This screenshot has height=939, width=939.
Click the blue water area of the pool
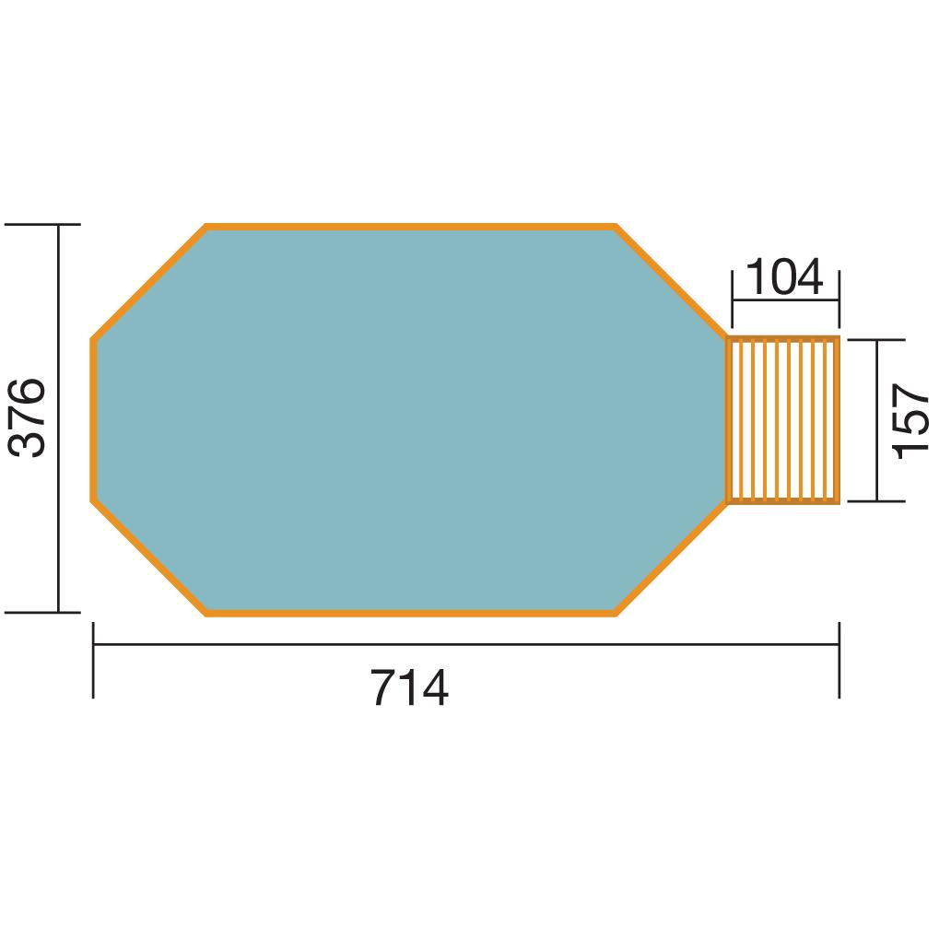click(x=405, y=419)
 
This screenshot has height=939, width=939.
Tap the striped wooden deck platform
click(x=783, y=420)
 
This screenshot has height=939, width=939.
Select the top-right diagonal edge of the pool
click(x=671, y=282)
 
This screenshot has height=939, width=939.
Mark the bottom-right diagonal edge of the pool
click(x=671, y=558)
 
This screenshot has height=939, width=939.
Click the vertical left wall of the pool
click(x=93, y=420)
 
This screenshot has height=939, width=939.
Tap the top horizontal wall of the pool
click(x=410, y=226)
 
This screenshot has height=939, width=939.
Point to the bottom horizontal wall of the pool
click(x=410, y=613)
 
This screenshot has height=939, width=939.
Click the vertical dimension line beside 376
click(x=59, y=516)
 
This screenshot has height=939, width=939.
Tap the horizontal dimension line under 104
click(x=785, y=299)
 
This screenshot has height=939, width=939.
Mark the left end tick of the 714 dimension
click(x=93, y=660)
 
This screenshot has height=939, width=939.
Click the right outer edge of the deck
click(x=838, y=420)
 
